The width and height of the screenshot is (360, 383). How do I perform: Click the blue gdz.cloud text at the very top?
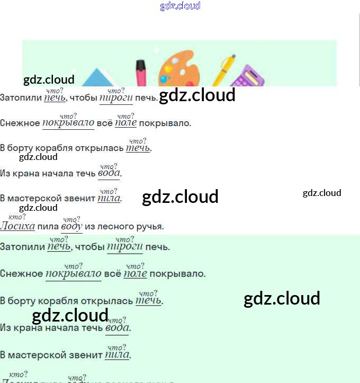click(x=180, y=6)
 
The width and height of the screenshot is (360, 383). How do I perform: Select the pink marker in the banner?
click(x=141, y=73)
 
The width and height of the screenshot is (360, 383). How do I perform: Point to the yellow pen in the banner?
click(x=224, y=69)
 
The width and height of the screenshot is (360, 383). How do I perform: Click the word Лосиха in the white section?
click(x=17, y=227)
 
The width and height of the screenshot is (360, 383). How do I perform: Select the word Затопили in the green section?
click(x=22, y=247)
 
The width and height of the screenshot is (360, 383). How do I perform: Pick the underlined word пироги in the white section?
click(x=116, y=98)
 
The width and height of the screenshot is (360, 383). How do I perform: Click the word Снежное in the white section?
click(x=20, y=123)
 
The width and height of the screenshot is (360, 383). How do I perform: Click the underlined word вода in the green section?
click(x=117, y=328)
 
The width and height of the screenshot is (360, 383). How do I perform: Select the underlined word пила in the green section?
click(x=117, y=355)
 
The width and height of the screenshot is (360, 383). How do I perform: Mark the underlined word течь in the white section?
click(x=138, y=148)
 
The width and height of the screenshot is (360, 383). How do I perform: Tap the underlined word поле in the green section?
click(x=135, y=274)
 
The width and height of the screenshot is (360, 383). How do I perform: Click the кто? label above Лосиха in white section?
click(x=17, y=217)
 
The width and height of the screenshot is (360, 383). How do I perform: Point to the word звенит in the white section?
click(x=82, y=199)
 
